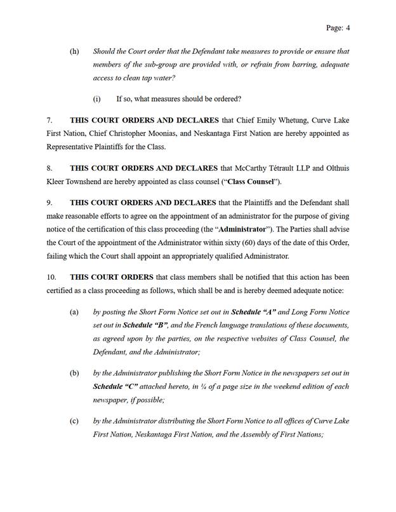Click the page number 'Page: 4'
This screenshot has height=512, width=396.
click(338, 28)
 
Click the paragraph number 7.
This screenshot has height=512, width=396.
click(49, 120)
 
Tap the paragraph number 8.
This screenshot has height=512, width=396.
click(49, 167)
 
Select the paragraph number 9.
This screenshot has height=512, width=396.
click(49, 202)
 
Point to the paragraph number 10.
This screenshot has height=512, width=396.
click(52, 277)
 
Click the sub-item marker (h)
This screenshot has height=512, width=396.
click(74, 51)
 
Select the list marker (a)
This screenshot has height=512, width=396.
click(74, 312)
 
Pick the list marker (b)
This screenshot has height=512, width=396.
click(74, 373)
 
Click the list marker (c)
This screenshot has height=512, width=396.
click(74, 421)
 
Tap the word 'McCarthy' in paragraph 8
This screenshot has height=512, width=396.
click(253, 167)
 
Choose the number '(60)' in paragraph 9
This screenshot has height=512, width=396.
click(251, 243)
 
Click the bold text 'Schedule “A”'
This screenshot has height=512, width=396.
click(253, 312)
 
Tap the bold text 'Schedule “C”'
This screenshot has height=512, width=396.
click(115, 386)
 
